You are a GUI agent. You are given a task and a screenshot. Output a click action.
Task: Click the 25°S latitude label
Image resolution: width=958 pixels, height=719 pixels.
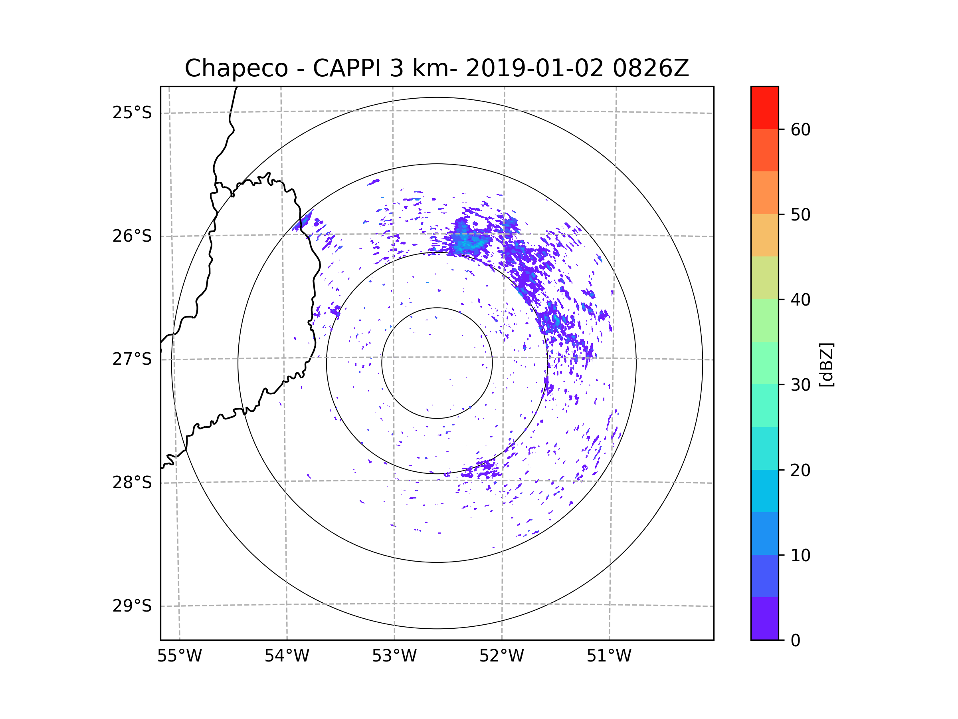[132, 113]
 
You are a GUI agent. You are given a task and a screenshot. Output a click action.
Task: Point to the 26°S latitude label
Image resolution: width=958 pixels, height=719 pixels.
[132, 236]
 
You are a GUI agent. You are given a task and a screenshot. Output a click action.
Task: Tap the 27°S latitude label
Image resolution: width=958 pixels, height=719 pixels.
[132, 359]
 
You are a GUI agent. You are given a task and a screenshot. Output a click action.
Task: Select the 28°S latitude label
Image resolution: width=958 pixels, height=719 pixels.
[132, 483]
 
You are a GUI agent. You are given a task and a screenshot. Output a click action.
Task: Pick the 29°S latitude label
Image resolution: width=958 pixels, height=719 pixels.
[132, 606]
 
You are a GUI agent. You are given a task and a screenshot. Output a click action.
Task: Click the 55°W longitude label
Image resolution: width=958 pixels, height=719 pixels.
[179, 656]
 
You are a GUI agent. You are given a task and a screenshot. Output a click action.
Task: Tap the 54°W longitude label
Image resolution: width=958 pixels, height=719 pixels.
[287, 656]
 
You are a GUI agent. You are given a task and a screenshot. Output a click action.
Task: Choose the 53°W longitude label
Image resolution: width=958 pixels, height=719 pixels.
[394, 656]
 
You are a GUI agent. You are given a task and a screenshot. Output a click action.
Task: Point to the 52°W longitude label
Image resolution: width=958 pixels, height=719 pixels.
[501, 656]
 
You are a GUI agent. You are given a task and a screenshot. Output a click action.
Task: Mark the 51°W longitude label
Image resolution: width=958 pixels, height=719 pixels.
[609, 656]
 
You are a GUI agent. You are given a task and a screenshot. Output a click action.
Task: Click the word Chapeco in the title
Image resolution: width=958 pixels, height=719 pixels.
[236, 68]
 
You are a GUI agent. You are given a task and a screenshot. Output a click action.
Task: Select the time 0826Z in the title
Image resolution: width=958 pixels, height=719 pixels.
[650, 68]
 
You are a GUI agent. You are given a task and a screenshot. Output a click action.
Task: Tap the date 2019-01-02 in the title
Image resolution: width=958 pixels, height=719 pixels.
[534, 68]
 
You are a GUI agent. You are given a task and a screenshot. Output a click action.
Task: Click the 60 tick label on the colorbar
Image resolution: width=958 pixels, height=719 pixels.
[800, 129]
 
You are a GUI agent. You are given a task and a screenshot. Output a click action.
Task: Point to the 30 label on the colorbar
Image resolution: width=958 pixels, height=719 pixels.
[800, 385]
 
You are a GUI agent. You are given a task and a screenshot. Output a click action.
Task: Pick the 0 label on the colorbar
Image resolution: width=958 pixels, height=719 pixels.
[796, 641]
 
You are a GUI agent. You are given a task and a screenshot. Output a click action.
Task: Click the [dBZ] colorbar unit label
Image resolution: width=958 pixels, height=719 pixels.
[826, 364]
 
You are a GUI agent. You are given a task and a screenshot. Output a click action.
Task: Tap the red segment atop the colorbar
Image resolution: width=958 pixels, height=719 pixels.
[764, 107]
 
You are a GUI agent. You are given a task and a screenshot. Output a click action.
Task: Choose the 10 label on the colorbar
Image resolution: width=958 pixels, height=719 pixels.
[800, 555]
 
